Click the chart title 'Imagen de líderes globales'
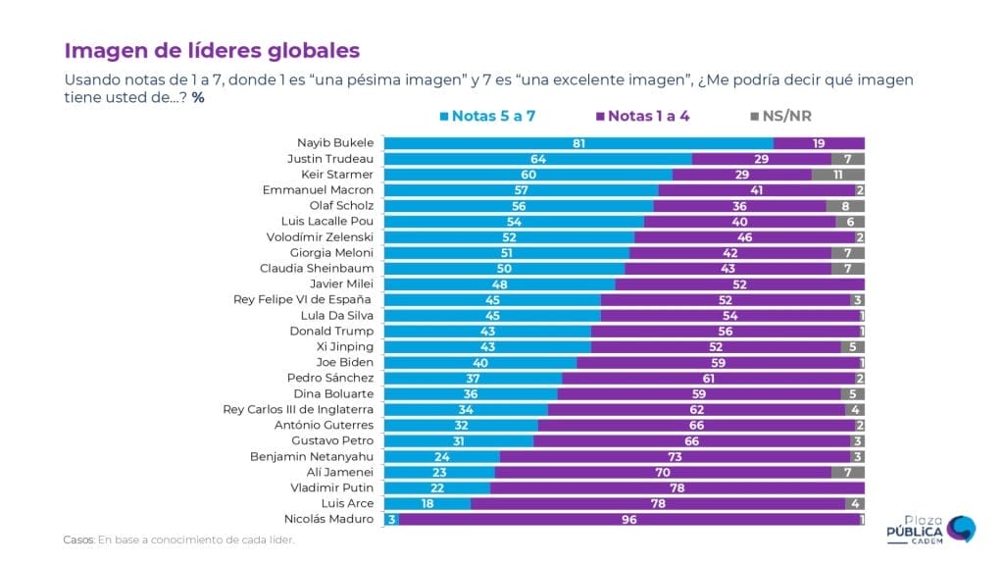click(x=212, y=50)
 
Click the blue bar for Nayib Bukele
click(x=578, y=143)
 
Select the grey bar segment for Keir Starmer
click(x=837, y=175)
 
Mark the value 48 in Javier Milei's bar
click(x=498, y=284)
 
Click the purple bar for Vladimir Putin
click(x=677, y=488)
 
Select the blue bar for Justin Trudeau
click(x=537, y=159)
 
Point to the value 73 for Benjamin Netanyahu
click(x=675, y=456)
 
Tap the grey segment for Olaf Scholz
click(x=845, y=206)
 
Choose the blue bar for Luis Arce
click(x=427, y=503)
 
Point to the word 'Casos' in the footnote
click(x=77, y=539)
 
